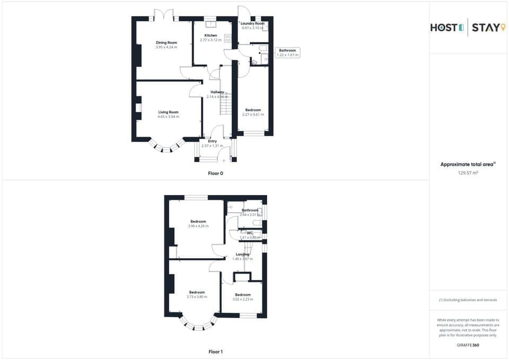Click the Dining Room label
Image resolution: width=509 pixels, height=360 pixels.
tap(166, 42)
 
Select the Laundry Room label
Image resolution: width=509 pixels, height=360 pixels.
tap(252, 23)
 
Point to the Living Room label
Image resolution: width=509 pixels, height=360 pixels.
tap(168, 112)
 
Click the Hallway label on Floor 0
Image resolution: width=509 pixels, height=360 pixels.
tap(217, 92)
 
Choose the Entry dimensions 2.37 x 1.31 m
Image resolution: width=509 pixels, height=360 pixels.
tap(212, 146)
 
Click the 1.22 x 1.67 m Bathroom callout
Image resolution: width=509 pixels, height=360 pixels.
tap(287, 52)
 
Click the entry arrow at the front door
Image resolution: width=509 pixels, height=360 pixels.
tap(224, 160)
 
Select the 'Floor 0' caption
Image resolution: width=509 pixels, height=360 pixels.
tap(215, 173)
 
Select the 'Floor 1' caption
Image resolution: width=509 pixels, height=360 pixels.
tap(215, 352)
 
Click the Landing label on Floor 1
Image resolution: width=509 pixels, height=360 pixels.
tap(242, 254)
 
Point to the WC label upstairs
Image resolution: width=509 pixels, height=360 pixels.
tap(249, 233)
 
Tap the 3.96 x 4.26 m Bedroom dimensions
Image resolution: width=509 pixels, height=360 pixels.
tap(198, 226)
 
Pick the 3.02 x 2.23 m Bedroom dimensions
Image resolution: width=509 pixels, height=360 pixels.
tap(243, 300)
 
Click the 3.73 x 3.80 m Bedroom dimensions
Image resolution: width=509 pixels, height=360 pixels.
tap(197, 297)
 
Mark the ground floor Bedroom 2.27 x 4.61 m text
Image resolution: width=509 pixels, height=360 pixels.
tap(253, 115)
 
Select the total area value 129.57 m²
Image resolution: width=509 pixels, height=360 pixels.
tap(468, 172)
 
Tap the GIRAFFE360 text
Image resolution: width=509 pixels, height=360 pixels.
tap(468, 345)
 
